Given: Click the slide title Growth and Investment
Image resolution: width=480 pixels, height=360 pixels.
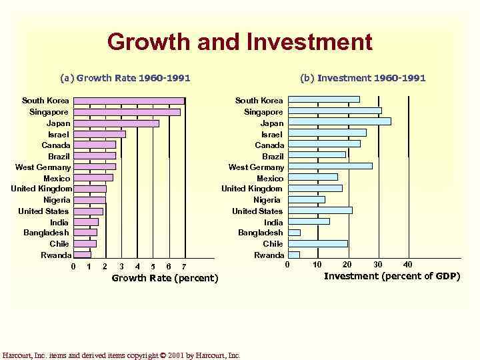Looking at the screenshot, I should [239, 42].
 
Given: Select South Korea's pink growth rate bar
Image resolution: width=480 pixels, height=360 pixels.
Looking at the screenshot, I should [128, 101].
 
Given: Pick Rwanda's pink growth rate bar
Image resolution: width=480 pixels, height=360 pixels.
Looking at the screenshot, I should [82, 255].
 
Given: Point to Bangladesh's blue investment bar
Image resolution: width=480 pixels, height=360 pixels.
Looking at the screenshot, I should [295, 233].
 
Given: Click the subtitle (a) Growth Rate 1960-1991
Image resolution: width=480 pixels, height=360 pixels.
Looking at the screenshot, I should [125, 78].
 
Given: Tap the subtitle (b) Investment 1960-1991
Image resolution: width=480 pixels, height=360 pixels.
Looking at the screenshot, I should [363, 78].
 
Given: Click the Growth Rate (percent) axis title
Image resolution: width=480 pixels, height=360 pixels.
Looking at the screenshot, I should [165, 278].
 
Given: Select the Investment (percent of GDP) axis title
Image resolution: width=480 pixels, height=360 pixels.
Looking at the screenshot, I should [391, 276].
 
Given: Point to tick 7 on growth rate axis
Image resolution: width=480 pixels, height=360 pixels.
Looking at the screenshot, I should [184, 267].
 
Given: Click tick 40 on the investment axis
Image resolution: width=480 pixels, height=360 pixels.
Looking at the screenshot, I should [408, 265].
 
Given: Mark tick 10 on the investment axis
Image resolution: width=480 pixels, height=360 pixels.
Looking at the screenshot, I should [317, 265].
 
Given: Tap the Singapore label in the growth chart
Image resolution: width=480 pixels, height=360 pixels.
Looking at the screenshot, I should [49, 112].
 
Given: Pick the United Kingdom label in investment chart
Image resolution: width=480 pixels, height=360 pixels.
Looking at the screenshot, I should [252, 189].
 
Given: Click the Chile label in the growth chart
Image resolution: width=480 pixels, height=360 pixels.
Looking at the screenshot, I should [59, 244].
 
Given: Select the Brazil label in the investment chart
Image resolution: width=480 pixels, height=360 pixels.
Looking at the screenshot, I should [272, 156].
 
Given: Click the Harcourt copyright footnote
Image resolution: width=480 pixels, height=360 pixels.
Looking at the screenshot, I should [121, 355].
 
